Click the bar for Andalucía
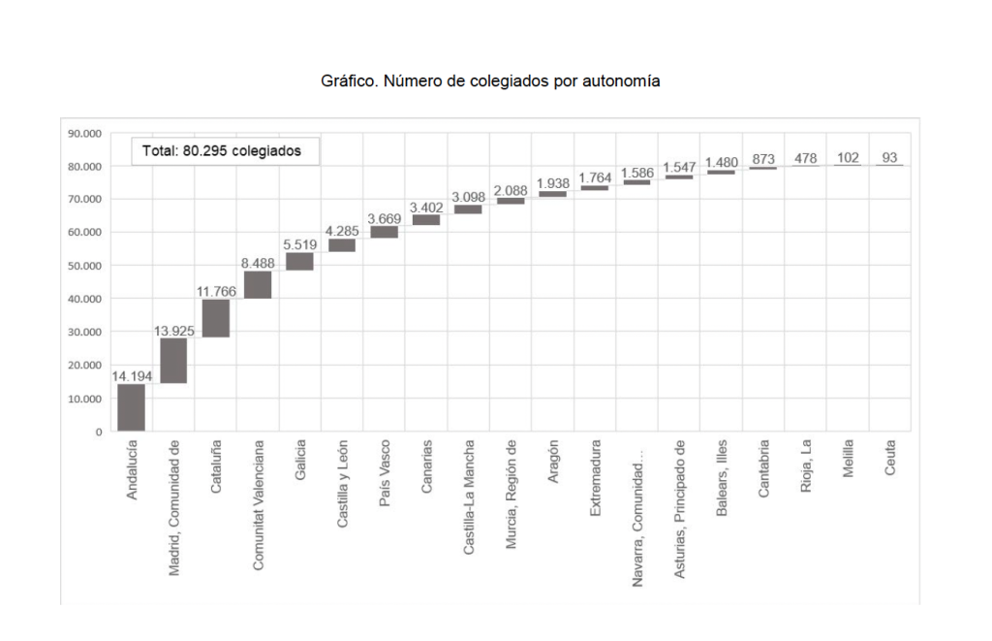tap(131, 407)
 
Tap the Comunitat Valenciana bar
tap(258, 285)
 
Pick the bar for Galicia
tap(299, 262)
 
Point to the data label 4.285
tap(342, 231)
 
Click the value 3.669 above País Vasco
tap(385, 218)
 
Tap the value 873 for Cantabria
tap(762, 159)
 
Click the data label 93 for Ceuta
tap(889, 157)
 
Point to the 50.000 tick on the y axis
tap(85, 266)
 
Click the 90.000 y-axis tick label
tap(85, 133)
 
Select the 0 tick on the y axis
tap(98, 432)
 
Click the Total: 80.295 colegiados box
tap(224, 151)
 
